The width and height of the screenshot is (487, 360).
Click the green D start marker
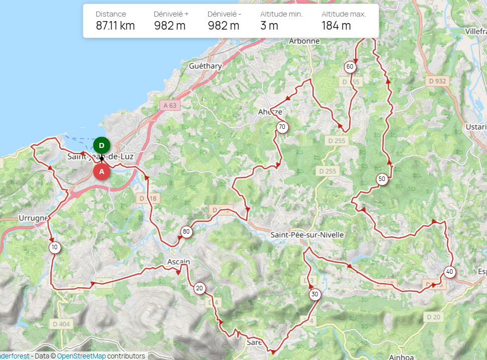pyautogui.click(x=102, y=145)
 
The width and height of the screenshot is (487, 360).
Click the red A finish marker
pyautogui.click(x=102, y=171)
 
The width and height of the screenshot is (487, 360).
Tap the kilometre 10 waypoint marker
pyautogui.click(x=54, y=247)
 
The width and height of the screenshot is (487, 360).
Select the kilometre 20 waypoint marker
pyautogui.click(x=199, y=288)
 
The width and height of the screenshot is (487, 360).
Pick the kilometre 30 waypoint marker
pyautogui.click(x=314, y=294)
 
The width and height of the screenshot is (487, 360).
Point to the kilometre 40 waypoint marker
pyautogui.click(x=449, y=272)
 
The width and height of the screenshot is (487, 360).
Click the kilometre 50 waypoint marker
pyautogui.click(x=382, y=179)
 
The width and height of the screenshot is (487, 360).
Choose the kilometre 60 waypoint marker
pyautogui.click(x=350, y=67)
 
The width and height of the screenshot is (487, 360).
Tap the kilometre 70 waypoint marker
pyautogui.click(x=282, y=127)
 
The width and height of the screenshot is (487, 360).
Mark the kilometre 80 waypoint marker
pyautogui.click(x=186, y=232)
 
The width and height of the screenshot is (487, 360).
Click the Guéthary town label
pyautogui.click(x=205, y=66)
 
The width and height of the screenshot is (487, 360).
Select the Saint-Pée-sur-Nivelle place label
pyautogui.click(x=307, y=235)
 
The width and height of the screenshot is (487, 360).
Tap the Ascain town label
pyautogui.click(x=179, y=262)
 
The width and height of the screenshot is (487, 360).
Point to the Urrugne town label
pyautogui.click(x=33, y=218)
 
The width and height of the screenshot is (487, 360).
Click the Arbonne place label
pyautogui.click(x=304, y=41)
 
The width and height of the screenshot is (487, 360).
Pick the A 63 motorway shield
pyautogui.click(x=171, y=105)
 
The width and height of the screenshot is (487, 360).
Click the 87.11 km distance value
pyautogui.click(x=115, y=26)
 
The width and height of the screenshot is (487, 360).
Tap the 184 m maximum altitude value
pyautogui.click(x=336, y=26)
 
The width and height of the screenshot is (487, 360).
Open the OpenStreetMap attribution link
pyautogui.click(x=81, y=356)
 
